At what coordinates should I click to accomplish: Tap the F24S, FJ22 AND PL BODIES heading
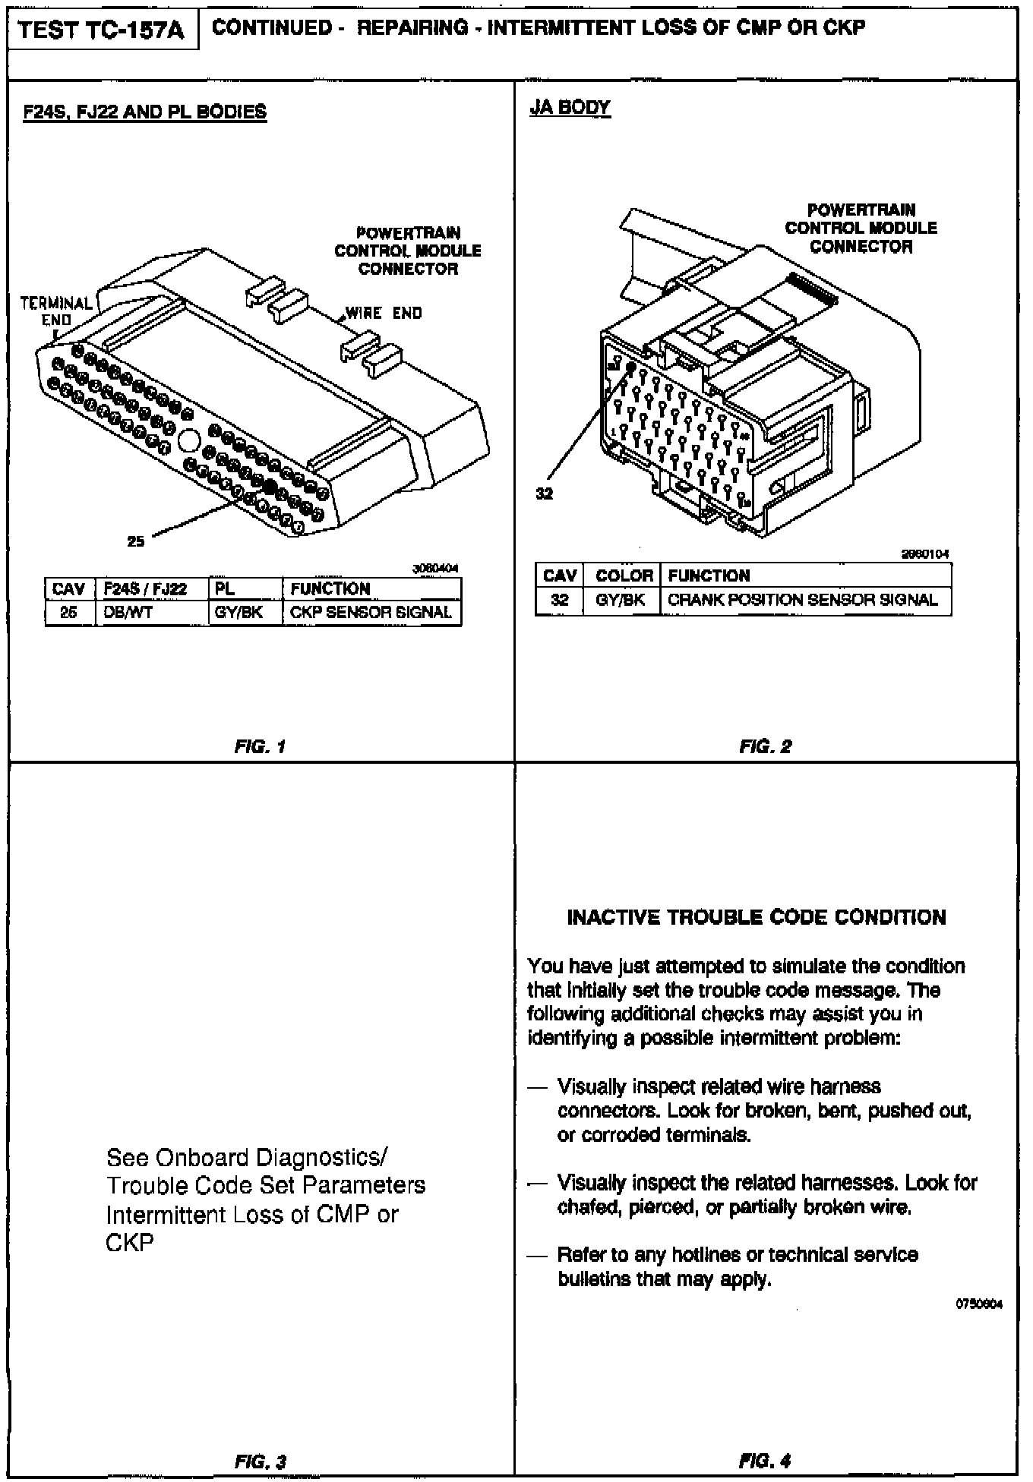[x=145, y=112]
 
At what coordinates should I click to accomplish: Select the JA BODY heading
[x=570, y=108]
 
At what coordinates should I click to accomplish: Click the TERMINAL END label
[x=56, y=311]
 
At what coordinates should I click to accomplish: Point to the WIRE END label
[x=384, y=313]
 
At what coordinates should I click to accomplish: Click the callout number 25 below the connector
[x=136, y=541]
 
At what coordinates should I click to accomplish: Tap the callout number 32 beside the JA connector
[x=545, y=493]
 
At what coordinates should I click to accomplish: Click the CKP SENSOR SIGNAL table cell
[x=371, y=613]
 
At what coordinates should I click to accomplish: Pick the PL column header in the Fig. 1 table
[x=226, y=589]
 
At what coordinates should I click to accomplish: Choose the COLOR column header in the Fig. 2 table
[x=624, y=575]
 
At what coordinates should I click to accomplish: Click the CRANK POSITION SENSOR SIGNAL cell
[x=802, y=600]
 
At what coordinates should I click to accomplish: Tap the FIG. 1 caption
[x=260, y=746]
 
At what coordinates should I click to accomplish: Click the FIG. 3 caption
[x=260, y=1461]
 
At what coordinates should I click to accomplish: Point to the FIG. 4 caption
[x=765, y=1460]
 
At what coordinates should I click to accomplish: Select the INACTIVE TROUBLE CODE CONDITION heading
[x=757, y=917]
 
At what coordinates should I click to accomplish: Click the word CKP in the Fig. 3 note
[x=130, y=1243]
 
